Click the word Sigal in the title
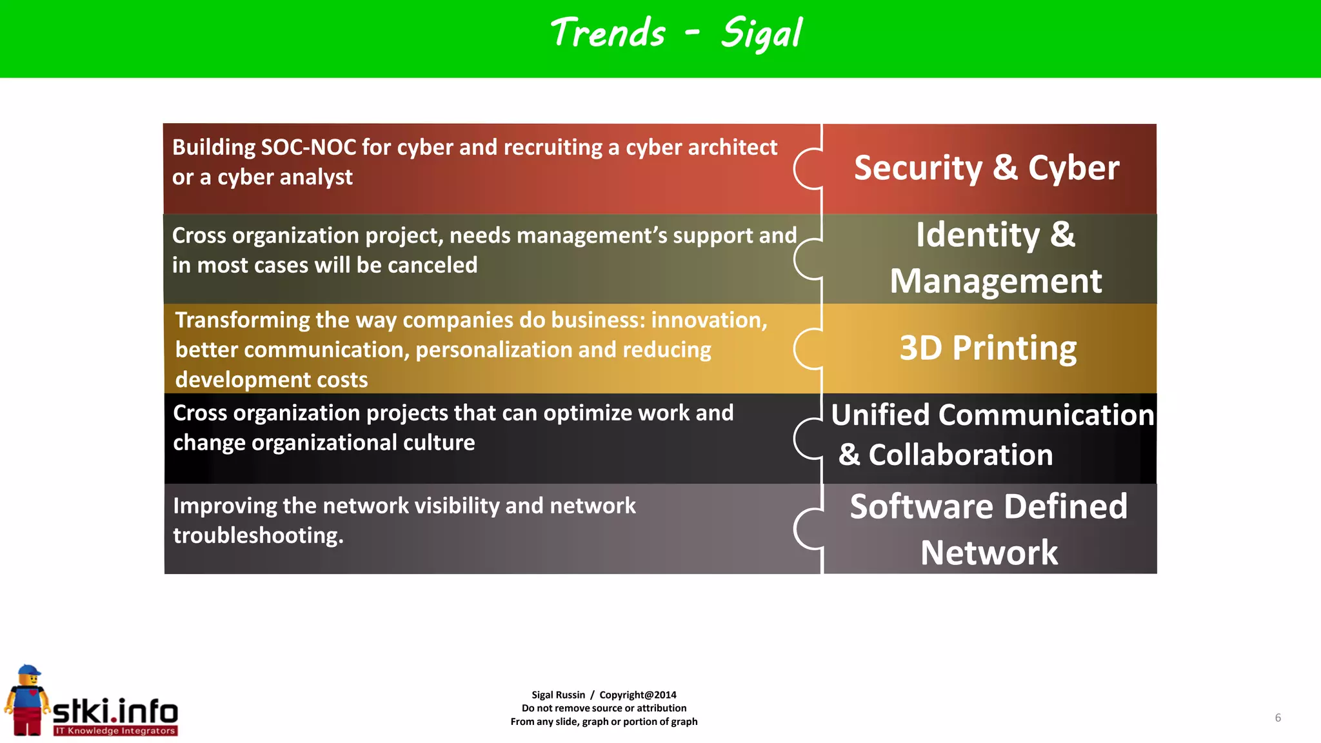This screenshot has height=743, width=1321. click(x=761, y=34)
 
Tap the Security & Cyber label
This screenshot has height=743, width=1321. click(x=986, y=168)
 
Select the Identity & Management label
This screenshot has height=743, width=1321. click(x=995, y=258)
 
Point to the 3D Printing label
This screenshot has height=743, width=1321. click(x=988, y=348)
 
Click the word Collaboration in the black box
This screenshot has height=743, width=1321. click(x=960, y=455)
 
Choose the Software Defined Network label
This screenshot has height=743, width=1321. click(x=989, y=529)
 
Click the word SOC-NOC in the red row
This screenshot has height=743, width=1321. click(x=308, y=148)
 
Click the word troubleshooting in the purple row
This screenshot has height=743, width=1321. click(x=258, y=535)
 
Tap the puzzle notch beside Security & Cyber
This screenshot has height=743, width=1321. click(x=807, y=169)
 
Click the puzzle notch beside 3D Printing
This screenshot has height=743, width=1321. click(x=807, y=349)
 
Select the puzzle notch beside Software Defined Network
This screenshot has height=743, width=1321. click(x=807, y=529)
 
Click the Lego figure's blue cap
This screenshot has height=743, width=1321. click(x=28, y=671)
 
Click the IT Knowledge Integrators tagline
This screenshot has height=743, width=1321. click(x=115, y=731)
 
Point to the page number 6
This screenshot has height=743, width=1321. click(x=1278, y=718)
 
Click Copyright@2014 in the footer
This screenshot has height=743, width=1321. click(x=637, y=695)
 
